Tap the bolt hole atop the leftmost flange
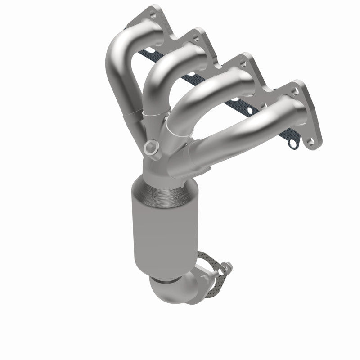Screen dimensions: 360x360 (155, 9)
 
